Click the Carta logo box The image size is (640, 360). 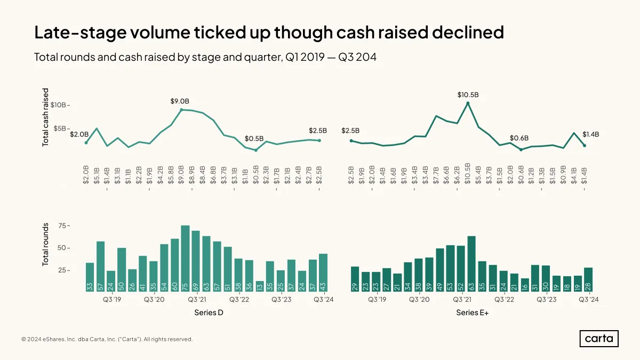pos(599,339)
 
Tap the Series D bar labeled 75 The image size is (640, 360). pos(185,259)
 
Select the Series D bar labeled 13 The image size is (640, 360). pos(260,286)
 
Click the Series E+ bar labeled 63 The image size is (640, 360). pos(471,264)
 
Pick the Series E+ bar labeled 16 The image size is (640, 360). pos(525,285)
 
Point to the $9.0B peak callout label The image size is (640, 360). pos(180,101)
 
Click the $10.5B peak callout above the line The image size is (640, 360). pos(468,94)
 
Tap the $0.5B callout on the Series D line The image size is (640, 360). pos(254,139)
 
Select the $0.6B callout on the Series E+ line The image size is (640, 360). pos(519,138)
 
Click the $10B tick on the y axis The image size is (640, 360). pos(58,105)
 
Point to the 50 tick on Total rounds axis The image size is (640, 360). pos(62,247)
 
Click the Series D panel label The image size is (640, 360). pos(209,313)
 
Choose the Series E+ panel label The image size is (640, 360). pos(473,313)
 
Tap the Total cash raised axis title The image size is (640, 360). pos(45,117)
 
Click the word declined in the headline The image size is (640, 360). pos(468,33)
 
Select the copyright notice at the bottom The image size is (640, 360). pos(107,339)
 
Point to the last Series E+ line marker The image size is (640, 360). pos(585,146)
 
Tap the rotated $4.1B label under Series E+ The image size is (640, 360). pos(574,175)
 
